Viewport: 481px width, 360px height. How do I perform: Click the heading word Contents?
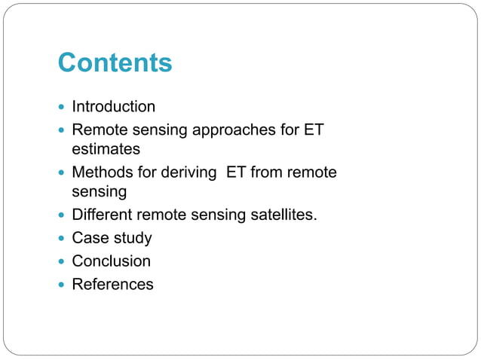pos(115,63)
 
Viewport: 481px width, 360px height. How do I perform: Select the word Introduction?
pos(113,106)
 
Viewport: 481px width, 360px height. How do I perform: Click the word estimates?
pos(106,149)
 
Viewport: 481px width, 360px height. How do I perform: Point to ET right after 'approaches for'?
pos(314,130)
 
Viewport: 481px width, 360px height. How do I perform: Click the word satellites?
pos(283,215)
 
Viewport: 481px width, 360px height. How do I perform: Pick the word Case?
pos(89,238)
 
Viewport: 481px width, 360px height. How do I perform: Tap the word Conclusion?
pos(111,261)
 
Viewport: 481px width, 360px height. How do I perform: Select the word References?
pos(112,284)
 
